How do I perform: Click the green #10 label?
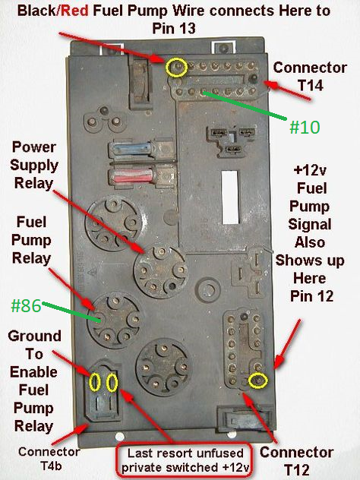(x=305, y=127)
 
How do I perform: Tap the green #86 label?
(x=26, y=305)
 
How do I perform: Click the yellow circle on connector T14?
(x=176, y=68)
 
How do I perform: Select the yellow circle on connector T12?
(x=257, y=381)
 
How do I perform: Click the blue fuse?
(x=131, y=149)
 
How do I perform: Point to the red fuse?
(x=132, y=175)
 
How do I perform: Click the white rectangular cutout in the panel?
(x=230, y=197)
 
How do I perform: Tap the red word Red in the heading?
(x=74, y=11)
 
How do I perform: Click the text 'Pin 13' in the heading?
(x=174, y=28)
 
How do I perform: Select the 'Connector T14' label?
(x=310, y=76)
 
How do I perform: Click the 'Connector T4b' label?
(x=49, y=459)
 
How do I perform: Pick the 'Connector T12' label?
(x=297, y=461)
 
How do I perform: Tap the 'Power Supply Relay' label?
(x=33, y=166)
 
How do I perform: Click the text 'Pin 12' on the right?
(x=311, y=296)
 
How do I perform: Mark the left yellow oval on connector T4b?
(x=95, y=382)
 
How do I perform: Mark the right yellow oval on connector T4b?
(x=112, y=382)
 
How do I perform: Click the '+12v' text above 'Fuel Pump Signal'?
(x=310, y=171)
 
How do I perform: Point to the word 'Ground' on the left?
(x=34, y=336)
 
